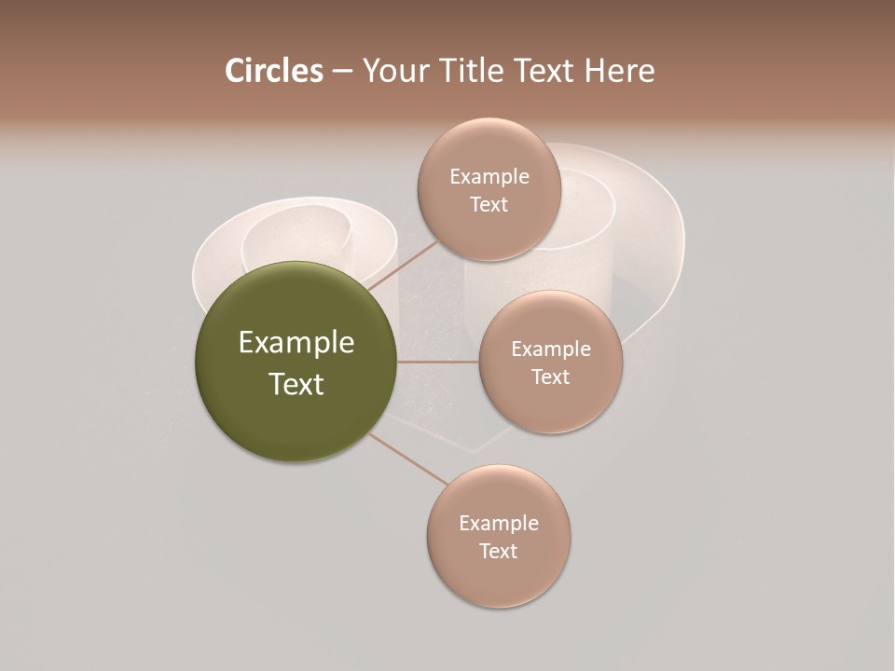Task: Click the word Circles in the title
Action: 273,71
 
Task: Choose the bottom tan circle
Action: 499,578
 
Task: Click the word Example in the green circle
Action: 296,343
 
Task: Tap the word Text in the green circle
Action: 296,384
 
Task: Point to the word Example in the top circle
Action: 489,177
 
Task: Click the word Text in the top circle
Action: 489,205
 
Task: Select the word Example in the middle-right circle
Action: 551,349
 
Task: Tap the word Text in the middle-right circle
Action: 551,377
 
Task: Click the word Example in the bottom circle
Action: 499,524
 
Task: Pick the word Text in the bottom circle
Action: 498,552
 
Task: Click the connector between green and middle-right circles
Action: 438,362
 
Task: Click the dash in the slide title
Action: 342,72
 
